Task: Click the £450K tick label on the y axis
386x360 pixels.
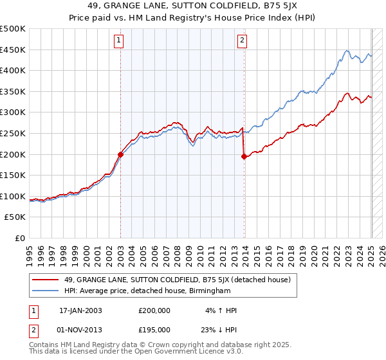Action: (14, 50)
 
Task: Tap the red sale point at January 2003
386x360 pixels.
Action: (120, 154)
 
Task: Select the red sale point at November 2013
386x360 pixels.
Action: (244, 156)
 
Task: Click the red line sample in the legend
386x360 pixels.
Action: (46, 280)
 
